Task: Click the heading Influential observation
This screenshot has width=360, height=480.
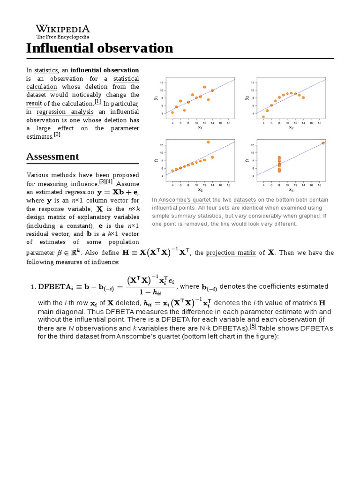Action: click(99, 48)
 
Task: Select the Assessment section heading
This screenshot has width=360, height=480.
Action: click(52, 157)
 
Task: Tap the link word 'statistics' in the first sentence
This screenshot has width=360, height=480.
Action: click(45, 70)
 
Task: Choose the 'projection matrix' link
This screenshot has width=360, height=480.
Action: click(231, 253)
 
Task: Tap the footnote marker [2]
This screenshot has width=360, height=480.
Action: click(57, 135)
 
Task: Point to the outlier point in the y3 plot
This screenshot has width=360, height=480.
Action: click(208, 142)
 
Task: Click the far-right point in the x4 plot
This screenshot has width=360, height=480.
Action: click(323, 143)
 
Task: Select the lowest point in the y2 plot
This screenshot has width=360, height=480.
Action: click(263, 117)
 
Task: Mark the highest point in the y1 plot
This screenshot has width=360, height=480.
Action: click(204, 87)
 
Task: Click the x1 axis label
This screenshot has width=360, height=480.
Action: click(200, 127)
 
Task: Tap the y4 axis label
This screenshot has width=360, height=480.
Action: click(247, 160)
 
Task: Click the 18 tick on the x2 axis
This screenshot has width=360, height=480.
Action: click(319, 123)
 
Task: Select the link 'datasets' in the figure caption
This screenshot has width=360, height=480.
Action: click(244, 200)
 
